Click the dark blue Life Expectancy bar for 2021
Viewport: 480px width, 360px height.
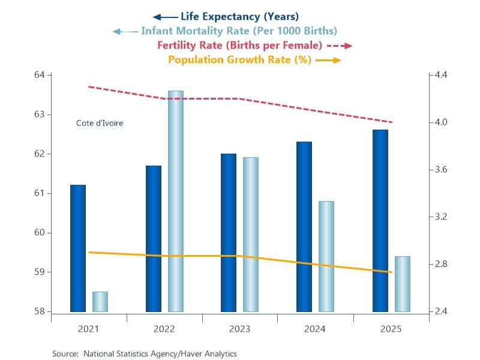tap(78, 248)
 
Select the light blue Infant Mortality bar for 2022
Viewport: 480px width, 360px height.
tap(175, 202)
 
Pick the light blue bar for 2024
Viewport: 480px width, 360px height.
tap(326, 256)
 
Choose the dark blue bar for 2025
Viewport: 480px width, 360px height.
tap(380, 221)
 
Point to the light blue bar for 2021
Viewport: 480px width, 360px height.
tap(100, 302)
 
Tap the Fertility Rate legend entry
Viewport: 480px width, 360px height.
tap(240, 45)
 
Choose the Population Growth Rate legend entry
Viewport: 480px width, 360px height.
tap(239, 59)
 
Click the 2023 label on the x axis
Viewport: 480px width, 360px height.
tap(239, 329)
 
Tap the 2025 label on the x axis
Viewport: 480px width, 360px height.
tap(391, 329)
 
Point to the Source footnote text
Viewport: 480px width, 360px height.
tap(145, 354)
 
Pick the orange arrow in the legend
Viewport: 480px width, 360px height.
tap(328, 60)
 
